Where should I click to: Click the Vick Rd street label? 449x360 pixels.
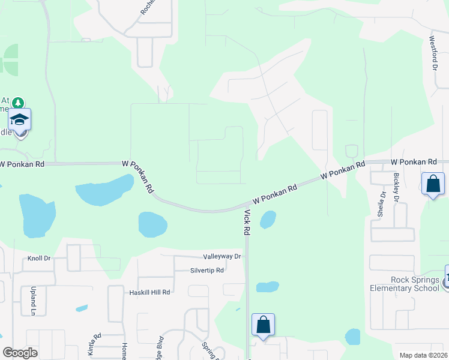(x=246, y=222)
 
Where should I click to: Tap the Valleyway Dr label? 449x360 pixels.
(x=221, y=256)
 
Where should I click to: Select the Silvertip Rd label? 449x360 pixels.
(x=206, y=271)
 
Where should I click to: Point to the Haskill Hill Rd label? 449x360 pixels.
(x=150, y=292)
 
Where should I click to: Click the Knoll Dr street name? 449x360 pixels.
(x=39, y=259)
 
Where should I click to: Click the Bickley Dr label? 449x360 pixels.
(x=396, y=187)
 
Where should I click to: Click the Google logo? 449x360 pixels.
(x=20, y=353)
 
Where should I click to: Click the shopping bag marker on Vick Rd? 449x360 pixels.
(x=263, y=326)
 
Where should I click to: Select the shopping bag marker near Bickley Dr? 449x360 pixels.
(x=433, y=185)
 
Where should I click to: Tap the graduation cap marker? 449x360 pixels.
(x=20, y=119)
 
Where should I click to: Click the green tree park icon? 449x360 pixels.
(x=19, y=103)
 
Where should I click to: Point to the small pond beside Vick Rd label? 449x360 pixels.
(x=268, y=220)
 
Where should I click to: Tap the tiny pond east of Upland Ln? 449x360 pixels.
(x=82, y=308)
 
